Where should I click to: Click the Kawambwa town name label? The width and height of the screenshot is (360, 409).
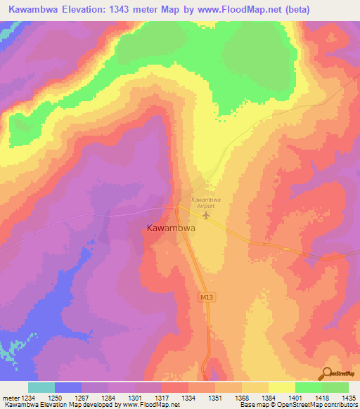pyautogui.click(x=171, y=228)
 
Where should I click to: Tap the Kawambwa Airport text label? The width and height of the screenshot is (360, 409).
pyautogui.click(x=207, y=202)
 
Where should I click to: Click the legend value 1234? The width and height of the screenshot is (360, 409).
pyautogui.click(x=28, y=398)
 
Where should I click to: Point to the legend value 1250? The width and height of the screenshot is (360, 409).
pyautogui.click(x=55, y=398)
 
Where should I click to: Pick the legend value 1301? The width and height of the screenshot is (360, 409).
pyautogui.click(x=134, y=398)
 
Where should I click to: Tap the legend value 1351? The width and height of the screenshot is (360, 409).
pyautogui.click(x=214, y=398)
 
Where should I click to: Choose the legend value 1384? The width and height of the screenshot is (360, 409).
pyautogui.click(x=268, y=398)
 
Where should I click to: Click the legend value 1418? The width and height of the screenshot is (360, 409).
pyautogui.click(x=321, y=398)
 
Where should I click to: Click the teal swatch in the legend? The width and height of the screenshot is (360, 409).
pyautogui.click(x=41, y=387)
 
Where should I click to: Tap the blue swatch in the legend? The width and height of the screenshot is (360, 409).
pyautogui.click(x=68, y=387)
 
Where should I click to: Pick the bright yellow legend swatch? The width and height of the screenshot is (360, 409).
pyautogui.click(x=281, y=387)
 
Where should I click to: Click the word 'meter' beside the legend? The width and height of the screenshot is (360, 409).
pyautogui.click(x=10, y=398)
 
